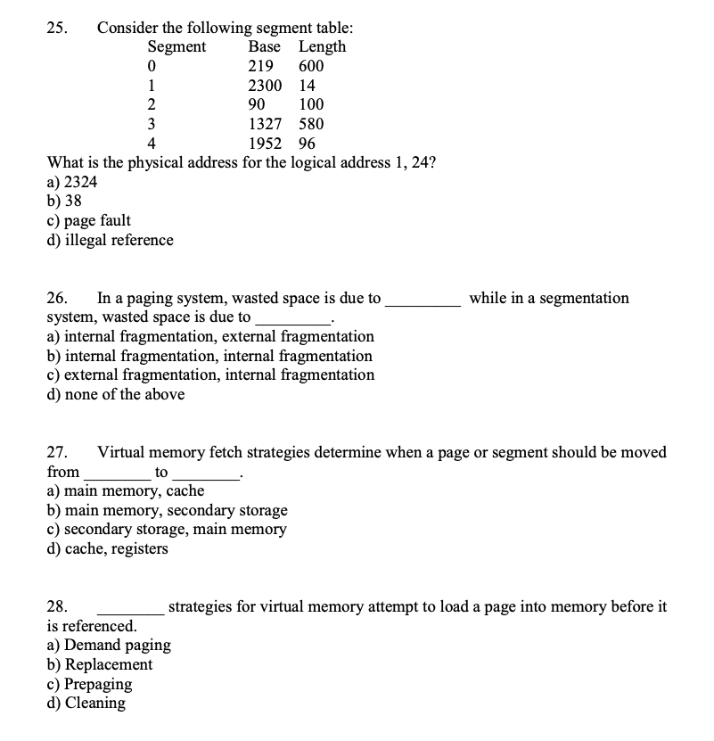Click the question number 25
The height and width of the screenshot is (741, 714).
point(55,28)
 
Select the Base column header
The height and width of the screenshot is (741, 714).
point(265,47)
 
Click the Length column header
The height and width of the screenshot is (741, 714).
point(322,47)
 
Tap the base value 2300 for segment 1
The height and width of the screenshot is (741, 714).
point(265,86)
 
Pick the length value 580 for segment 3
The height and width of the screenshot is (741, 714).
point(311,124)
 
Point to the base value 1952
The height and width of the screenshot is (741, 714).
point(265,144)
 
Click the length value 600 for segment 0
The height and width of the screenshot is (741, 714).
point(311,67)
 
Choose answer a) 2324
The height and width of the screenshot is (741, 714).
point(72,182)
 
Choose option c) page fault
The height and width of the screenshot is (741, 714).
point(88,220)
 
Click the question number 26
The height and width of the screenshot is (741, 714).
point(56,298)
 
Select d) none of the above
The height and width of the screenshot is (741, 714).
point(116,394)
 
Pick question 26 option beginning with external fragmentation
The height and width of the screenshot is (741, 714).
point(210,375)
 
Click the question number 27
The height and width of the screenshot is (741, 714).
point(56,452)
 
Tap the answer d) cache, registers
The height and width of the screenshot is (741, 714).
point(107,548)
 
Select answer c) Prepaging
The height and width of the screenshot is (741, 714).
point(89,684)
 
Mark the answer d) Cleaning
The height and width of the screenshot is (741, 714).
point(86,704)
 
